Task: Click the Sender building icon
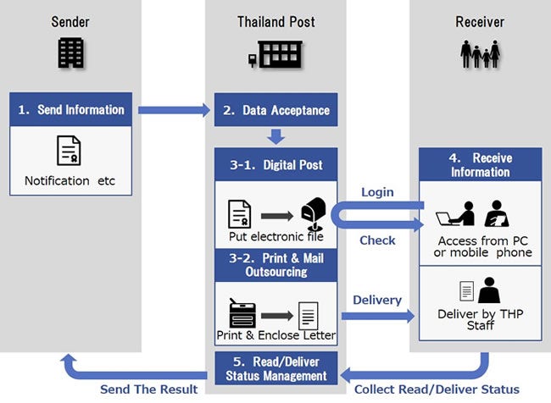(x=71, y=53)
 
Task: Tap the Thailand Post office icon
(x=275, y=55)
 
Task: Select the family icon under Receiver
(x=480, y=53)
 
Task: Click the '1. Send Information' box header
(x=71, y=109)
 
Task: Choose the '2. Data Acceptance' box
(x=275, y=110)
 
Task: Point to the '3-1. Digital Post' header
(x=275, y=163)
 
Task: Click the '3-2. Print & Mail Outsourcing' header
(x=275, y=263)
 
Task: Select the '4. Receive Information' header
(x=481, y=164)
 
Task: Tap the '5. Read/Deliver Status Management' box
(x=275, y=368)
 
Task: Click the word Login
(x=377, y=192)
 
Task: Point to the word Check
(x=377, y=240)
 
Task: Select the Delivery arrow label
(x=377, y=299)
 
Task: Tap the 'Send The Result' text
(x=148, y=389)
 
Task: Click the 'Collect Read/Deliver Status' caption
(x=436, y=389)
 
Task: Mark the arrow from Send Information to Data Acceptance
(x=174, y=109)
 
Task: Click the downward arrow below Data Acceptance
(x=275, y=135)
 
